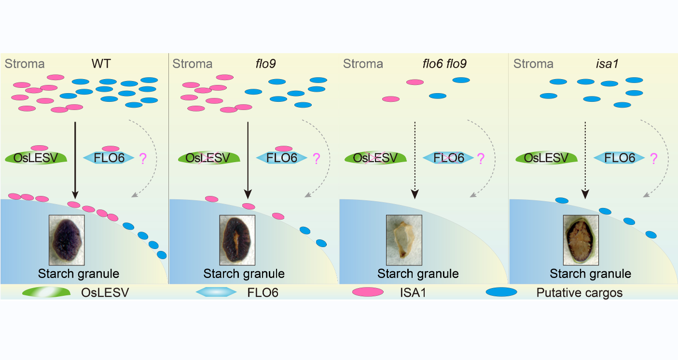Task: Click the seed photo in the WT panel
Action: point(67,240)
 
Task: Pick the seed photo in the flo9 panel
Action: point(237,240)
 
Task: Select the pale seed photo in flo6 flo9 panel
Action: point(404,240)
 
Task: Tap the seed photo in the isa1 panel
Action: point(581,240)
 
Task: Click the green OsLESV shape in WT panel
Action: point(36,158)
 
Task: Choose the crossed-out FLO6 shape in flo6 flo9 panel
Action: point(448,158)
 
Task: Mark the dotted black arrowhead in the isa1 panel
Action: point(585,194)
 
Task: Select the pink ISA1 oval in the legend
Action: point(368,292)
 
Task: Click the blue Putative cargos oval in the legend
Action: point(501,292)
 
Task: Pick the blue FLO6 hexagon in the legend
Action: point(216,292)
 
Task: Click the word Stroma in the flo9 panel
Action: point(193,64)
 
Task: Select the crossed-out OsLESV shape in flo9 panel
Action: point(206,158)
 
